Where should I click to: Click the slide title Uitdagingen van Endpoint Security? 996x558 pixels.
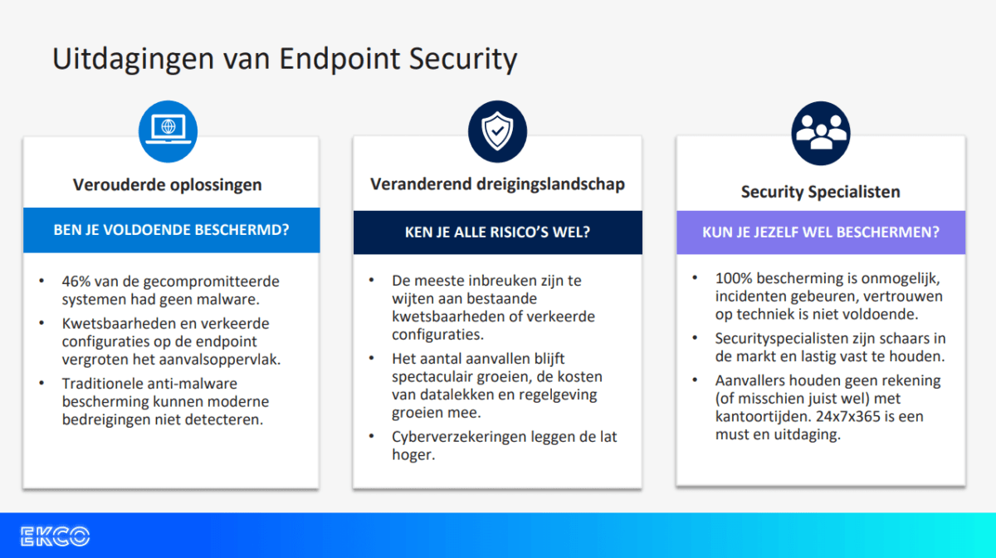(x=285, y=60)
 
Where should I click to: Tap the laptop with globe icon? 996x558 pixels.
(x=168, y=130)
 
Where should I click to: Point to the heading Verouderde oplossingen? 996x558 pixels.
(x=167, y=184)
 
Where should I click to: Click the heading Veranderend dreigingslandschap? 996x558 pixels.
(x=497, y=184)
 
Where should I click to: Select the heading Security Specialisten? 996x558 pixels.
(x=820, y=192)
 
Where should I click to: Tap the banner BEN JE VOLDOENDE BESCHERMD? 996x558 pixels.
(x=171, y=230)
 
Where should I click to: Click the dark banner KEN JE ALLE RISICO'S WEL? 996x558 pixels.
(x=497, y=232)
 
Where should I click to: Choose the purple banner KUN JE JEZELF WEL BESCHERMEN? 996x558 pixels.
(x=820, y=232)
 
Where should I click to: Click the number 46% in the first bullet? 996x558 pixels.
(x=76, y=281)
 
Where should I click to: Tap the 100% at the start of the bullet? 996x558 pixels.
(x=733, y=278)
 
